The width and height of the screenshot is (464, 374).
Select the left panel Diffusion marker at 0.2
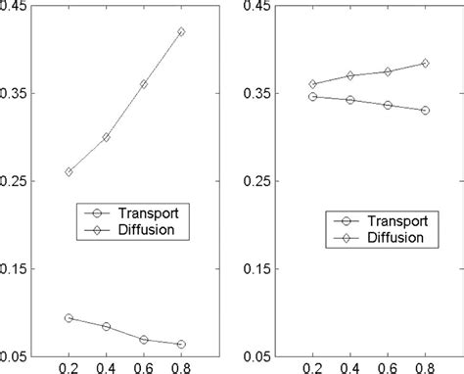[x=68, y=171]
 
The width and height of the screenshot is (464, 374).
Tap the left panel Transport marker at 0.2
[x=68, y=318]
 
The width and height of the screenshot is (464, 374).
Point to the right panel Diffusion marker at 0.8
[x=425, y=63]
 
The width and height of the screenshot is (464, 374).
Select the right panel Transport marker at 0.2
[x=312, y=96]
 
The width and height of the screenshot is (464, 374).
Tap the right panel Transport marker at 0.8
[x=425, y=110]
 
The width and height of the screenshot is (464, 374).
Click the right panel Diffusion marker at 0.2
[x=312, y=84]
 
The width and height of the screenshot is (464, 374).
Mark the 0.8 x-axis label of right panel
[x=425, y=368]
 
